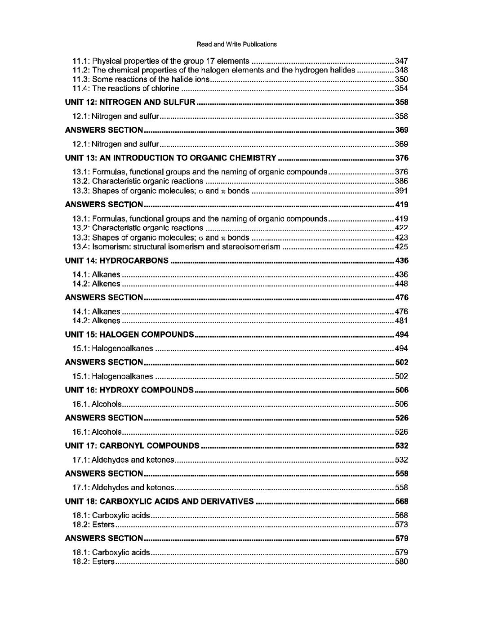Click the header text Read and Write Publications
click(237, 45)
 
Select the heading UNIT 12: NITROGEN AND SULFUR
click(130, 103)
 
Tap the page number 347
click(401, 61)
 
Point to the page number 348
click(401, 70)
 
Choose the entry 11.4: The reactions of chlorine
click(126, 89)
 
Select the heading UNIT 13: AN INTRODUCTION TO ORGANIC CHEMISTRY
click(170, 158)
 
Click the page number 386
click(401, 181)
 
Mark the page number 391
click(401, 191)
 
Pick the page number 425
click(401, 247)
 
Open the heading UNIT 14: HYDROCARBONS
click(117, 261)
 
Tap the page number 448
click(401, 284)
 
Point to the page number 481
click(401, 321)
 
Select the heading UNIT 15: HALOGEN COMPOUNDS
click(129, 335)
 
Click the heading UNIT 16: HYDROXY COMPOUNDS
click(129, 390)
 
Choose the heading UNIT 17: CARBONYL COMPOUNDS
click(132, 446)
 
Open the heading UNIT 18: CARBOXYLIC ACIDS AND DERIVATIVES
click(159, 502)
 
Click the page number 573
click(401, 525)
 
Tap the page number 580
click(401, 562)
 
